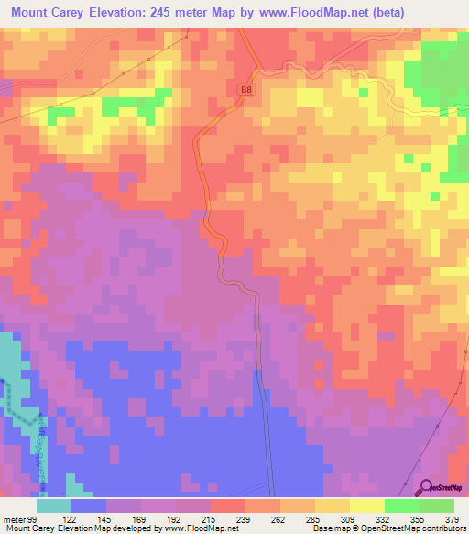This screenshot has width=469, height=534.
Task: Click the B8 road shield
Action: pos(245,89)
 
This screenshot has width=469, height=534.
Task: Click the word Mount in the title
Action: pos(34,12)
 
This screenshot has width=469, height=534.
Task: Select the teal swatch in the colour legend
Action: pos(54,506)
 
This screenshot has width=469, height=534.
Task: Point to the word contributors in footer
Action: pos(439,529)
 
